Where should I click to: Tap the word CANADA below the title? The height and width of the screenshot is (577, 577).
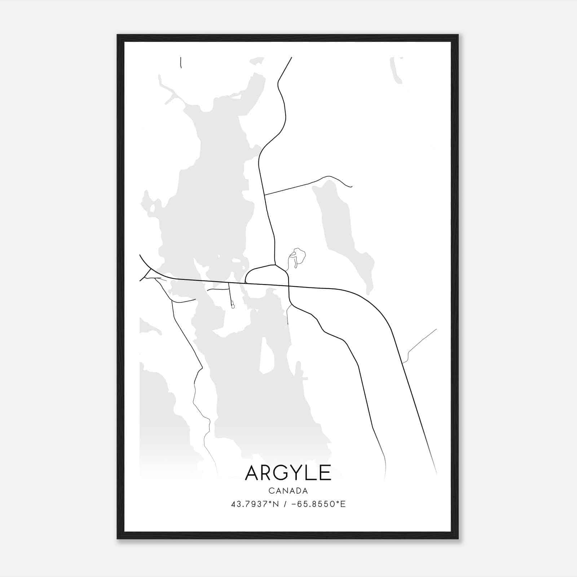tap(288, 491)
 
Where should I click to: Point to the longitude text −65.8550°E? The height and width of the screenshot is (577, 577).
tap(318, 504)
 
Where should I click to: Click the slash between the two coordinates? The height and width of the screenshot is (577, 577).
tap(286, 504)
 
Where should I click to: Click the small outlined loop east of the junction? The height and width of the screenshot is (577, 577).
tap(299, 256)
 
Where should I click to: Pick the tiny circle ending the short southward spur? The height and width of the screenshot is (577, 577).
tap(233, 307)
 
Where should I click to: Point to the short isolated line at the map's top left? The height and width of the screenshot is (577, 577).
tap(181, 62)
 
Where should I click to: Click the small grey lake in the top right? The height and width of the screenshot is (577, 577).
tap(396, 70)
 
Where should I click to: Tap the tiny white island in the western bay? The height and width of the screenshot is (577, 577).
tap(153, 208)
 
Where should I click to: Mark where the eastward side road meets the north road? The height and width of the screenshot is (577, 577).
tap(265, 195)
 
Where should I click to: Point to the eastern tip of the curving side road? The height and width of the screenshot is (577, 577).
tap(352, 187)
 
